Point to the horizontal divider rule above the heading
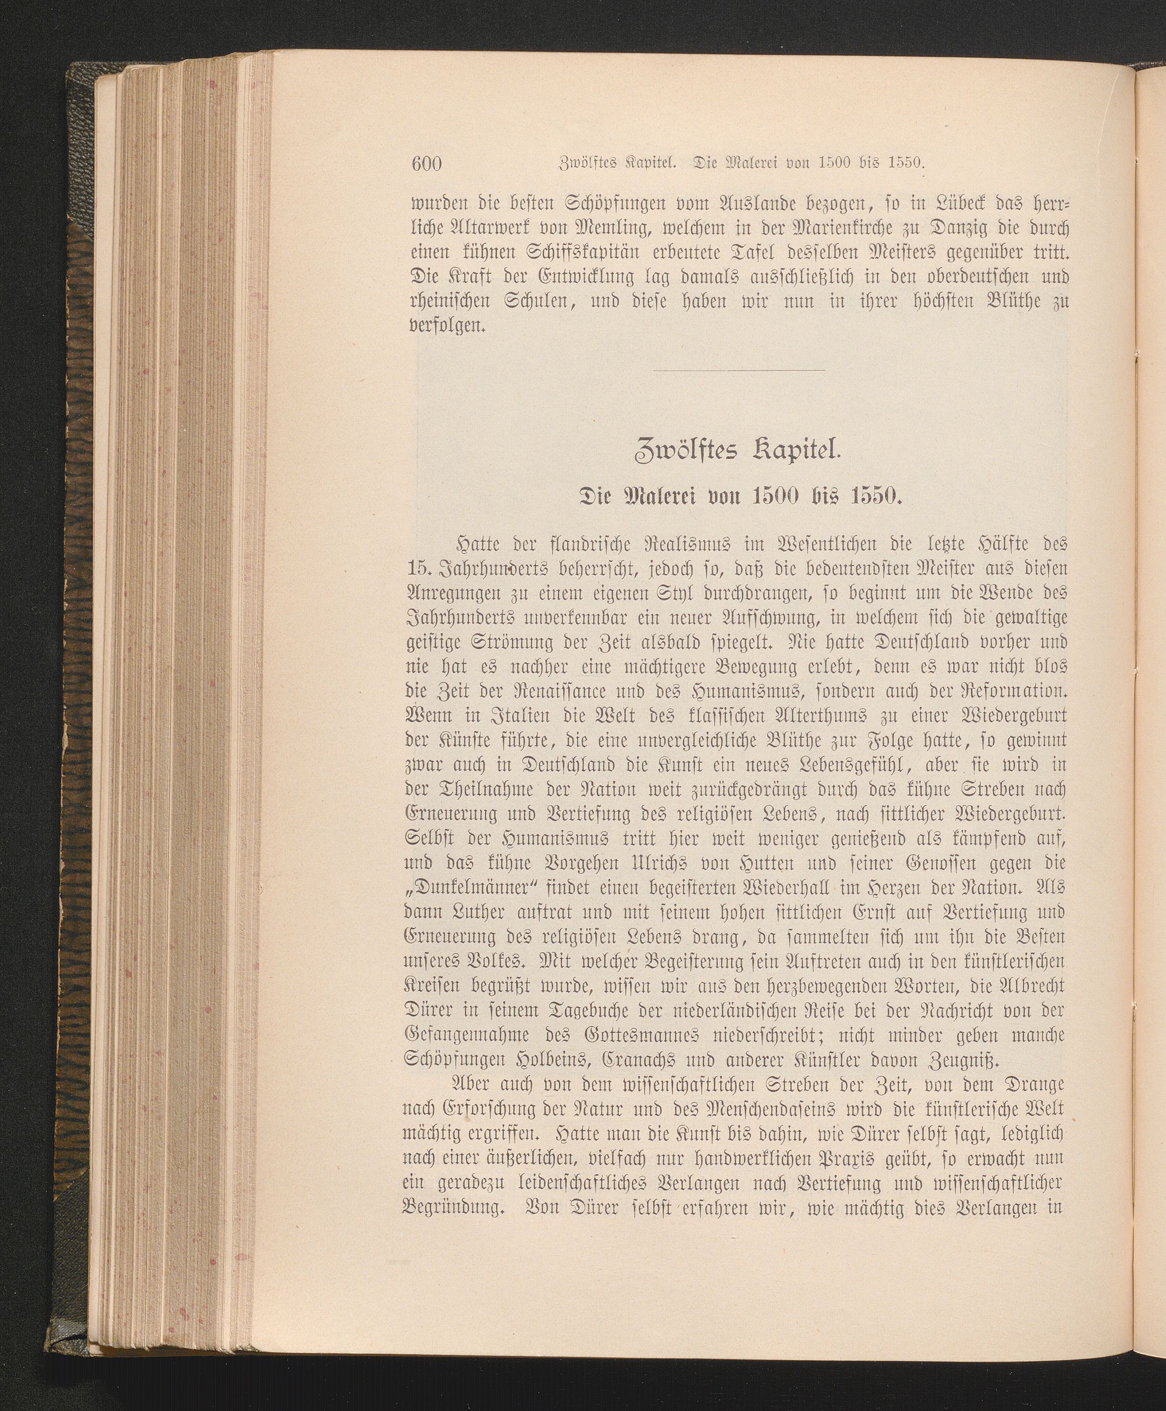738,370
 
